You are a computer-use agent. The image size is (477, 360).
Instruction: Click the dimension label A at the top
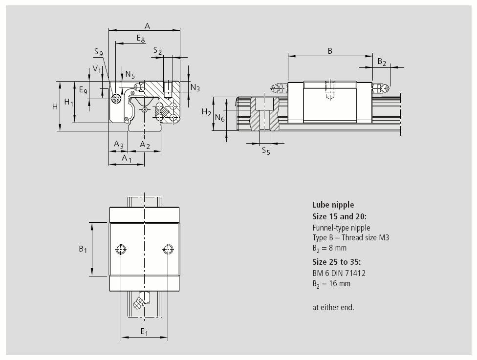click(147, 26)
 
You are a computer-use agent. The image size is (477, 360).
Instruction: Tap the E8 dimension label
click(141, 39)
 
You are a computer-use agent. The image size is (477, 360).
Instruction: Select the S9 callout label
click(99, 52)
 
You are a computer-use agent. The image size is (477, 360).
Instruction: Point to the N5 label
click(130, 74)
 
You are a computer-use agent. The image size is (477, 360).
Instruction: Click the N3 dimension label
click(195, 88)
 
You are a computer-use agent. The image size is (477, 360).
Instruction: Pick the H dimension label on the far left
click(55, 106)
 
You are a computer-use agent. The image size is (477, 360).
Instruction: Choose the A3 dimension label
click(119, 144)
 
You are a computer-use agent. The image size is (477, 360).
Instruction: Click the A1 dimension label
click(127, 158)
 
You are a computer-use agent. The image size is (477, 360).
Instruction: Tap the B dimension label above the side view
click(330, 51)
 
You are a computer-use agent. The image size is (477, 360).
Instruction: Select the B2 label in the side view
click(382, 62)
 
